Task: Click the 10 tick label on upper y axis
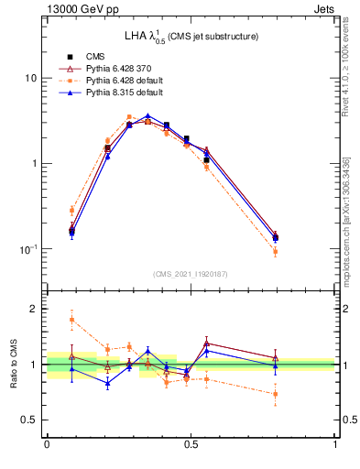[x=30, y=78]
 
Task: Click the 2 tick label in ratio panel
[x=34, y=310]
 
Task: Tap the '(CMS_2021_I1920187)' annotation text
[x=191, y=273]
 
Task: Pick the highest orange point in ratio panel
[x=71, y=320]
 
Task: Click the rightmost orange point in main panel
[x=275, y=251]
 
